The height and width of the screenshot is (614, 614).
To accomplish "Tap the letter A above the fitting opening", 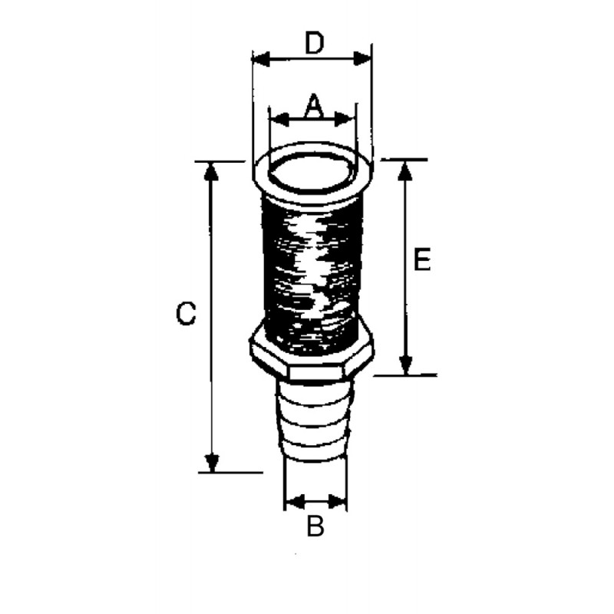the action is [x=314, y=106].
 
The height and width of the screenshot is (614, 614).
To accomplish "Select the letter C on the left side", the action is [x=186, y=313].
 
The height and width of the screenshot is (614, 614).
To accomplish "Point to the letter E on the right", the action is [x=422, y=259].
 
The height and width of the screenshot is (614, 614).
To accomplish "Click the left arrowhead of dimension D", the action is [x=261, y=59].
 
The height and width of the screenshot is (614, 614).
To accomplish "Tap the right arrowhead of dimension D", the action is [x=361, y=59].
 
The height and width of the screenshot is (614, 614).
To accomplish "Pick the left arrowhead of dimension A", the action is [x=279, y=120].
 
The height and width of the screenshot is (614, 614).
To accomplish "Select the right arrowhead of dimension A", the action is [x=345, y=120].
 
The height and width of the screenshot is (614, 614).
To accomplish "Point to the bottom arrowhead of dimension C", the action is [x=212, y=463].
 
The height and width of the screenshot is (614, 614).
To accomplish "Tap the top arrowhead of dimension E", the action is [x=405, y=170].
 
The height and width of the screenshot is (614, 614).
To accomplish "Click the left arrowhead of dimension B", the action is [x=295, y=501].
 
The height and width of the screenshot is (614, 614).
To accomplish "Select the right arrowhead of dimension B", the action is [x=338, y=501].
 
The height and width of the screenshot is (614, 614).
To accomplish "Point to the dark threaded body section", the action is [x=312, y=274].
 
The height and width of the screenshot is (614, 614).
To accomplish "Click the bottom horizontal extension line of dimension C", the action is [x=231, y=473].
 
